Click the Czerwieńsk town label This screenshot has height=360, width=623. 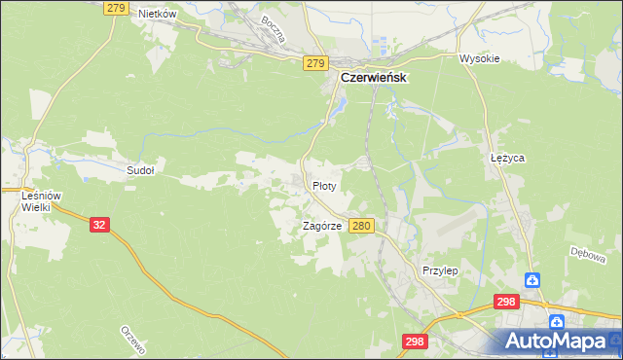click(x=373, y=77)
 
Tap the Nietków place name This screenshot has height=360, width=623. click(x=157, y=14)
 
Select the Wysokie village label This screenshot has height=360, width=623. click(x=479, y=58)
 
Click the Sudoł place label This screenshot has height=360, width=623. click(x=140, y=169)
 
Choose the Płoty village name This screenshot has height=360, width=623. click(x=324, y=185)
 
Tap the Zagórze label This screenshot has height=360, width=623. click(x=321, y=225)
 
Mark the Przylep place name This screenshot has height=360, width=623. click(x=440, y=270)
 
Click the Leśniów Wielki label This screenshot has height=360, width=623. click(x=42, y=201)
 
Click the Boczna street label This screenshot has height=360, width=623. click(x=274, y=30)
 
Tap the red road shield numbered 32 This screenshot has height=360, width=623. click(x=99, y=224)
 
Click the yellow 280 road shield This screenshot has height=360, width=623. click(x=362, y=225)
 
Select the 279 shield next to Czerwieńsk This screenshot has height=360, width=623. click(x=314, y=63)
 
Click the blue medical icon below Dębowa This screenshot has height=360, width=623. click(x=532, y=280)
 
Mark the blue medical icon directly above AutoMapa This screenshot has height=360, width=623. click(x=555, y=320)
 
